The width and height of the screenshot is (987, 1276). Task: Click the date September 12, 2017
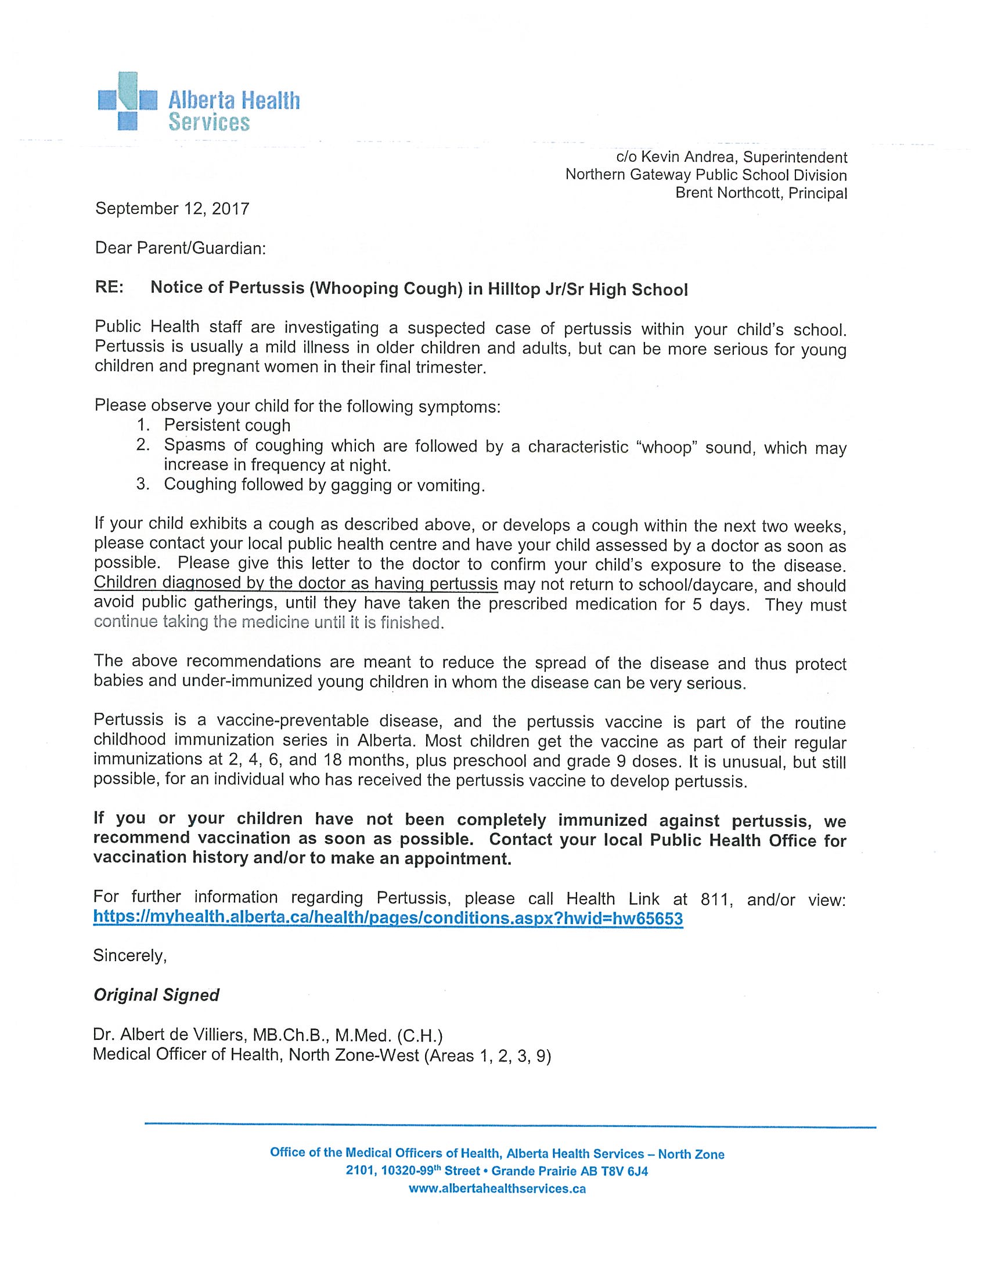[x=172, y=209]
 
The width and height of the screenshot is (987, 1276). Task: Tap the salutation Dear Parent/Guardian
[x=180, y=248]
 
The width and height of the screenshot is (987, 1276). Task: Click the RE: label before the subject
[x=109, y=288]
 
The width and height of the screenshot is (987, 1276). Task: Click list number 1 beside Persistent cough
[x=142, y=425]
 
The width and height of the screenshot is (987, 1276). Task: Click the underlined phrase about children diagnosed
[x=296, y=583]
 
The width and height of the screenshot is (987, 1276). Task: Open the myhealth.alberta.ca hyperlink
[x=388, y=919]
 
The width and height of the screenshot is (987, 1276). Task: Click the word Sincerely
[x=130, y=955]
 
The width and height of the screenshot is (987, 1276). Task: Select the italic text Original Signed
[x=156, y=995]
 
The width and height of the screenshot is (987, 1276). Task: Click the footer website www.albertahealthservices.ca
[x=497, y=1189]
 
